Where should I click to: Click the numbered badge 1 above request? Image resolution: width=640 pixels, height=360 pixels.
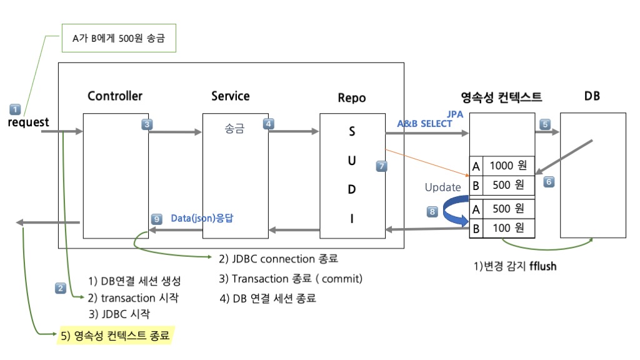tap(16, 108)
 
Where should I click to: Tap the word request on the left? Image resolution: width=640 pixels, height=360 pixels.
tap(28, 122)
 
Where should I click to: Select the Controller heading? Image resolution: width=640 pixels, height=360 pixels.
tap(115, 96)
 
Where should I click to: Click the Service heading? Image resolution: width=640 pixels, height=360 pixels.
tap(230, 96)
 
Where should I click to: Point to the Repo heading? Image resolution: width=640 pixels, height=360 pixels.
tap(351, 97)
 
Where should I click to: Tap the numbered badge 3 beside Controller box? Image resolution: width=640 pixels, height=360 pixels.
tap(147, 124)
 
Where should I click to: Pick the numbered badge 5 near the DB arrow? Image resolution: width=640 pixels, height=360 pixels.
tap(545, 124)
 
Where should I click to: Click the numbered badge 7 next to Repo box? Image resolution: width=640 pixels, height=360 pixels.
tap(382, 166)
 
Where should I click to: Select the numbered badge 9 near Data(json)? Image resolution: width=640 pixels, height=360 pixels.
tap(157, 219)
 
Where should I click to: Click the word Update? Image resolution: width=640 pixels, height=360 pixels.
tap(442, 187)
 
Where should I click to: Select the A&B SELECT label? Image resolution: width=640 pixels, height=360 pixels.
tap(424, 124)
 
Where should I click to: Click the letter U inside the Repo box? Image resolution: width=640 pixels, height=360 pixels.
tap(352, 161)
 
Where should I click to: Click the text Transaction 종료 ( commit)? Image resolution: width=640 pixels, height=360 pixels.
tap(291, 278)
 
